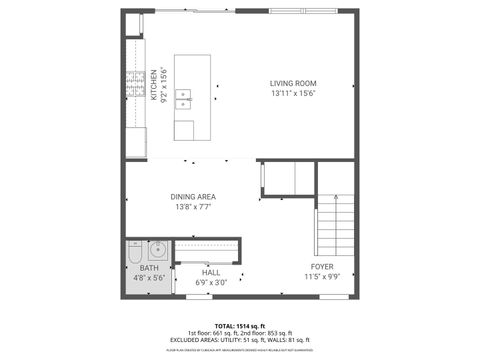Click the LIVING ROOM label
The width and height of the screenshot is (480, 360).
point(293,83)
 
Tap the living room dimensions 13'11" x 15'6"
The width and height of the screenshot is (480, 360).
point(293,93)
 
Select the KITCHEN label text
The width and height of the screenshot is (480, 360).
point(154,86)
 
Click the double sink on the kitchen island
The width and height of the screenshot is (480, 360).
point(184,97)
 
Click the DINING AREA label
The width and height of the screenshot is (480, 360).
point(193,196)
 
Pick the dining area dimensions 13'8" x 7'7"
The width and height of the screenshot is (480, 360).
point(193,207)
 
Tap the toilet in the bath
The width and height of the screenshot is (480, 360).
point(135,257)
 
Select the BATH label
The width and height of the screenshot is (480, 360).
point(150,268)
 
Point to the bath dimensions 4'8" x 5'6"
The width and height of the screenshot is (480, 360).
point(150,278)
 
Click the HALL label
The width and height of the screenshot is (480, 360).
point(211,272)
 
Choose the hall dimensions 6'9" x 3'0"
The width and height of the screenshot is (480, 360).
point(211,282)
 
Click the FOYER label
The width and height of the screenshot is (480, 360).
point(321,266)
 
